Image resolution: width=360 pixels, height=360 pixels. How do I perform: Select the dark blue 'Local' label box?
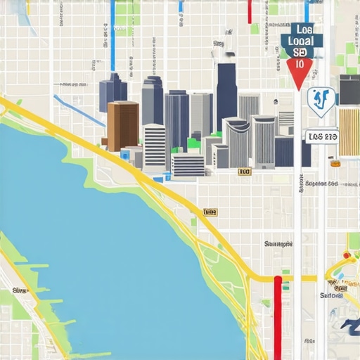click(x=301, y=40)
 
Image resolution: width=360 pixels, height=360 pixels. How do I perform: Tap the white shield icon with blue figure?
click(x=321, y=101)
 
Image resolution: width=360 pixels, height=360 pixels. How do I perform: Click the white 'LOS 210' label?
click(x=322, y=136)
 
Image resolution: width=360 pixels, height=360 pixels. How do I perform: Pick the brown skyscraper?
click(x=122, y=125)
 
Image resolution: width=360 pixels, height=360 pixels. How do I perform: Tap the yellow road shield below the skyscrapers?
click(x=244, y=171)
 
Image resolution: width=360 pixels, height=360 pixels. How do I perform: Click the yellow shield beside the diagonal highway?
click(x=210, y=212)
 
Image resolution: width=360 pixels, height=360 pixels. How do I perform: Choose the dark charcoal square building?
click(x=349, y=89)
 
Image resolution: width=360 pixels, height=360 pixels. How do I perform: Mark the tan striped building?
click(x=349, y=129)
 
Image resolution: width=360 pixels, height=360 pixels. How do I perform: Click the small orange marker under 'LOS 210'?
click(x=335, y=164)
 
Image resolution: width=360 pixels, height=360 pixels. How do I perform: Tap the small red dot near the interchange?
click(x=346, y=255)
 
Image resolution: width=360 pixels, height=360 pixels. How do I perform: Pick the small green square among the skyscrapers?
click(x=193, y=143)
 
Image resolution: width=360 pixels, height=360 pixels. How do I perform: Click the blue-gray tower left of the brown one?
click(x=112, y=91)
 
